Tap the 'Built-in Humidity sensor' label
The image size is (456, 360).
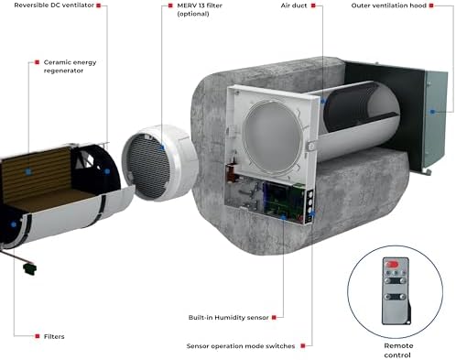coord(230,317)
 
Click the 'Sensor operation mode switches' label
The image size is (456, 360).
coord(241,346)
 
